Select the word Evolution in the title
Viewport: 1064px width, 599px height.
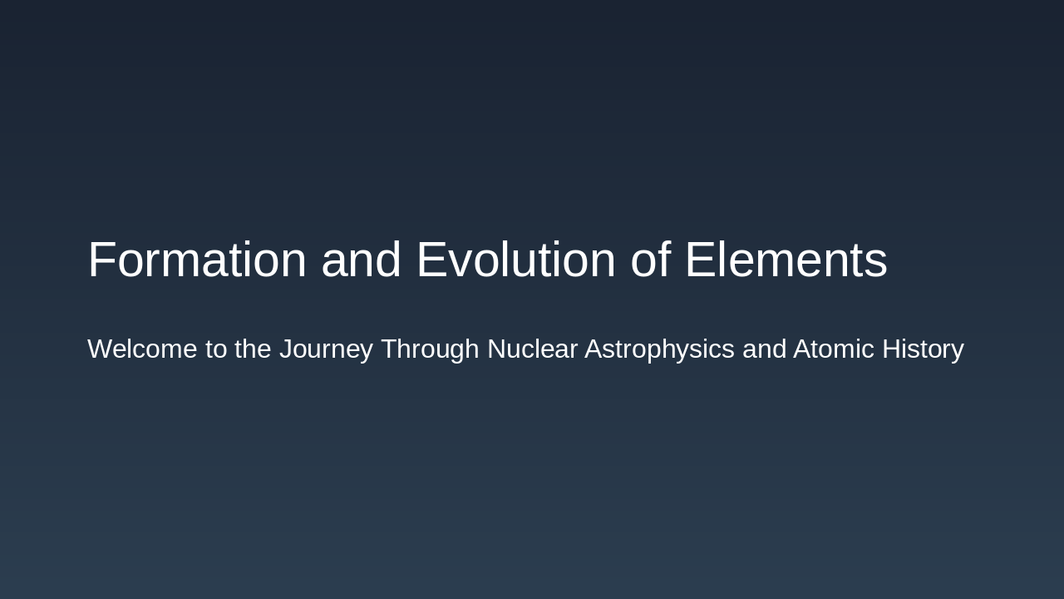(515, 260)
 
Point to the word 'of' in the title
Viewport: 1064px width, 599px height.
(650, 260)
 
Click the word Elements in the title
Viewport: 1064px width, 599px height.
(786, 260)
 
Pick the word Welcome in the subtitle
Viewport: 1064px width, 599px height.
(142, 349)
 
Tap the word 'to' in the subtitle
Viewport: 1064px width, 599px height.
(216, 349)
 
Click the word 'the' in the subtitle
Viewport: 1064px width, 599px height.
(253, 349)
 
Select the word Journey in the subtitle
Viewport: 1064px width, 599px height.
(326, 349)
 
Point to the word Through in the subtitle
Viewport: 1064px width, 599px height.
(430, 349)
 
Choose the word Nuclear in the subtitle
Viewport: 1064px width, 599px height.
(532, 349)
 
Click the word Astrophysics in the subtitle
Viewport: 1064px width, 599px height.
(659, 349)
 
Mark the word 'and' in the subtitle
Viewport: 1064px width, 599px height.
(764, 349)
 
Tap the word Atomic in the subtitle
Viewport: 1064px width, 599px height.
(834, 349)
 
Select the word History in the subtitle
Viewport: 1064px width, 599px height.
(923, 349)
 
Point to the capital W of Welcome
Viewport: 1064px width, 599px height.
(100, 349)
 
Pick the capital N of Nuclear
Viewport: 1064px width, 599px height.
(495, 349)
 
